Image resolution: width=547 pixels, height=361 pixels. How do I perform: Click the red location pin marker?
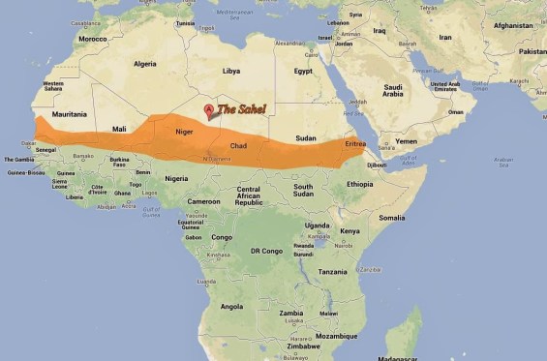[x=208, y=110]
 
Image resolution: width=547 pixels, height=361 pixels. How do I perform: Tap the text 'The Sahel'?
[x=241, y=109]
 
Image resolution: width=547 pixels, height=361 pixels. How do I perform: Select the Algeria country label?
[x=144, y=64]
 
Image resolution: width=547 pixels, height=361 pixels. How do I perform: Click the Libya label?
[x=231, y=71]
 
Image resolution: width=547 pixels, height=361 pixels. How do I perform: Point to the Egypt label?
[x=303, y=71]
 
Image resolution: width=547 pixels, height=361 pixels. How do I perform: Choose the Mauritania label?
[x=69, y=114]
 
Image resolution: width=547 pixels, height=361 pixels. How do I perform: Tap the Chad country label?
[x=238, y=146]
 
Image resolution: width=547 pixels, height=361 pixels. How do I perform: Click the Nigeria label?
[x=176, y=178]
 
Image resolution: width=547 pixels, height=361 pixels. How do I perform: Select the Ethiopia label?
[x=360, y=184]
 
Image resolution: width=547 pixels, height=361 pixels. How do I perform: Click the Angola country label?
[x=232, y=306]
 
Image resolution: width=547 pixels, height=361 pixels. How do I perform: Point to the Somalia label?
[x=392, y=218]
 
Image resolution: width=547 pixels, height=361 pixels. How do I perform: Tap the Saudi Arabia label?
[x=392, y=91]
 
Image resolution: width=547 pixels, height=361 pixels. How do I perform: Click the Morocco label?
[x=93, y=39]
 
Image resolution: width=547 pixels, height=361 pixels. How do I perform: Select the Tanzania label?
[x=332, y=272]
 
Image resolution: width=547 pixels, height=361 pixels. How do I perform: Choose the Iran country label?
[x=445, y=37]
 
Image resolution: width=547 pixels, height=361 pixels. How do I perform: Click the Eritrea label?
[x=355, y=143]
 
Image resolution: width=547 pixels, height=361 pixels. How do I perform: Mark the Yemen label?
[x=407, y=141]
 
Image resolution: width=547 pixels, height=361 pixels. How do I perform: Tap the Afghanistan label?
[x=513, y=26]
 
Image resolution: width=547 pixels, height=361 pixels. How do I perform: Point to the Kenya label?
[x=349, y=230]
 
